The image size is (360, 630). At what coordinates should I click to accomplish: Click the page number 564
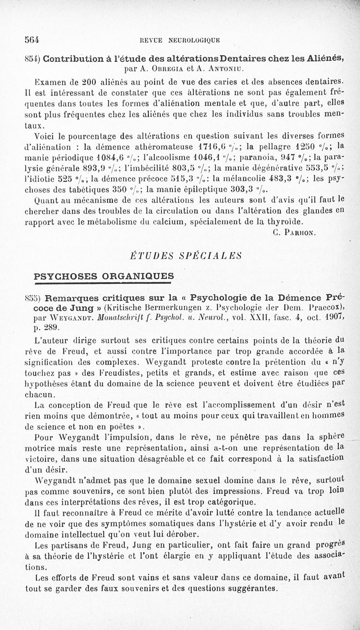click(32, 39)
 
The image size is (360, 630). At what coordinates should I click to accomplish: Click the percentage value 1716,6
click(214, 146)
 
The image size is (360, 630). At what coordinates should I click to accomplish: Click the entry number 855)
click(35, 298)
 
